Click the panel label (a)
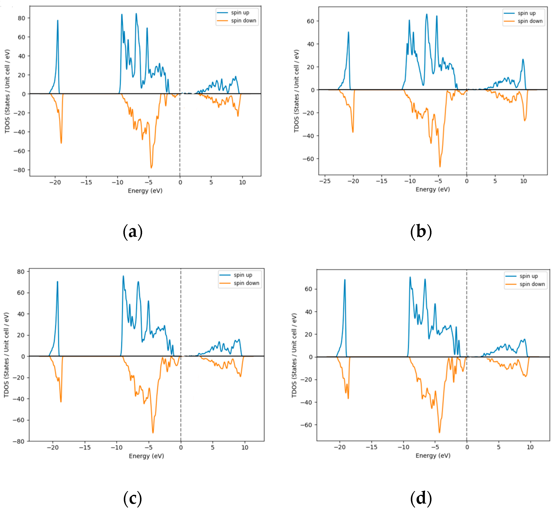133,232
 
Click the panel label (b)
421,232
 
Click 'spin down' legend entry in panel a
243,21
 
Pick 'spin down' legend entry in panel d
532,284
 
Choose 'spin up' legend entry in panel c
243,275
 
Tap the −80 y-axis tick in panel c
19,442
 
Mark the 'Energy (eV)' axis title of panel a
145,191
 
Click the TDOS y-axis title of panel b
296,91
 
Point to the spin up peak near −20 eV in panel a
58,20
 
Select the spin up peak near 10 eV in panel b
523,59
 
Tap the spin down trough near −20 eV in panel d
348,398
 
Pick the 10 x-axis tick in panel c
245,447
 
